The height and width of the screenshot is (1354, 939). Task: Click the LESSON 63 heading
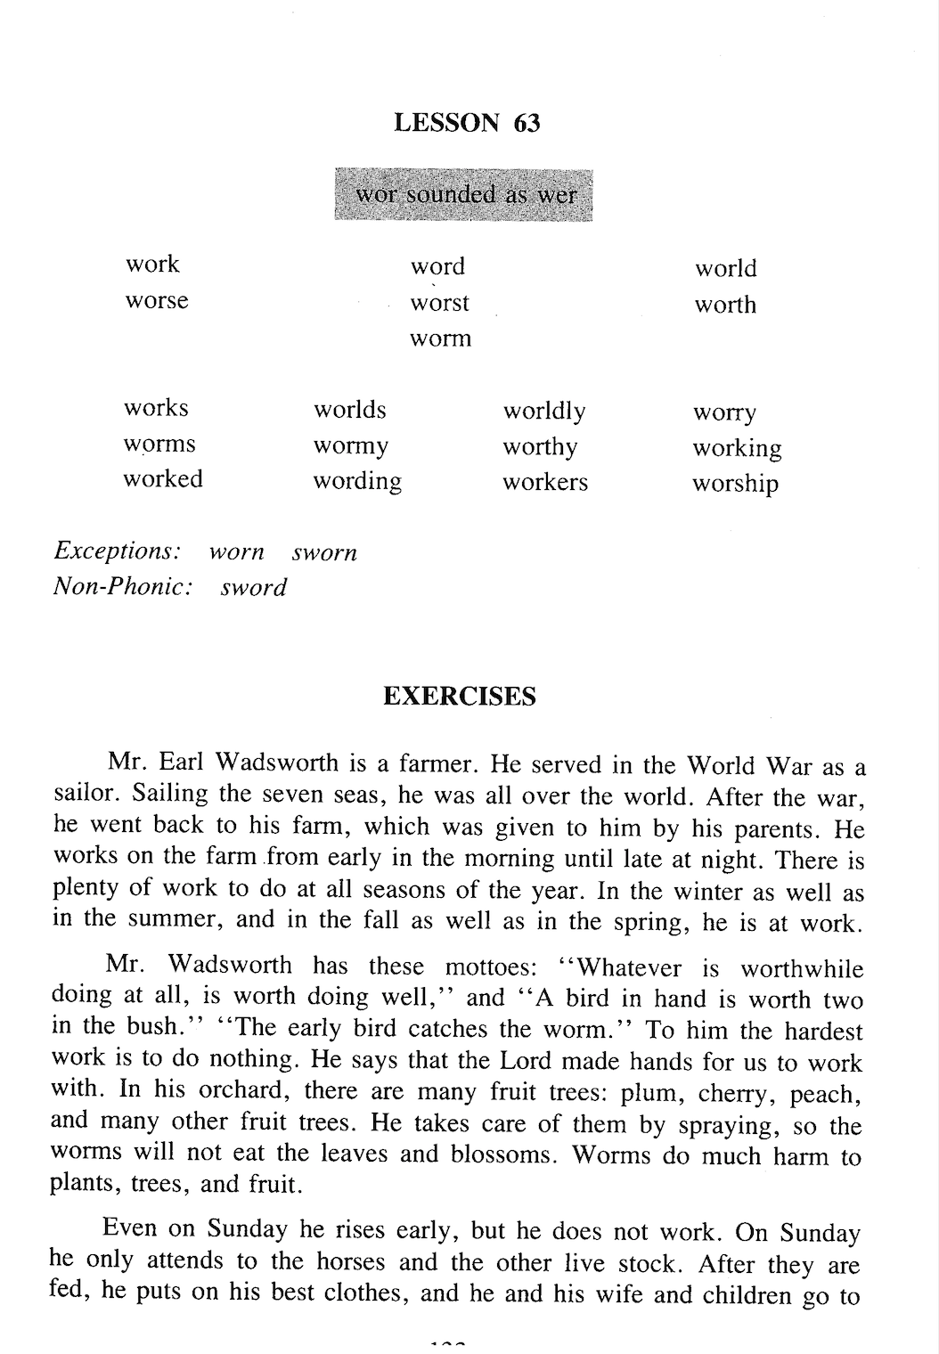point(467,122)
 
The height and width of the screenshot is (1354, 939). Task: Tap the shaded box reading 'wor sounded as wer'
point(464,194)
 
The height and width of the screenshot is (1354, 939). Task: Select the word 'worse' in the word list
point(157,300)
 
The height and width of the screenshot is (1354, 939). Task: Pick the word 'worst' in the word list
point(439,303)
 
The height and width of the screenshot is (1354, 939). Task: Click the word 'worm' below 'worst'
point(440,338)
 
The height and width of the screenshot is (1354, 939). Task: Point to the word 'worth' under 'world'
point(725,305)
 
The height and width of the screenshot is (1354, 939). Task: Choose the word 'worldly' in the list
point(544,411)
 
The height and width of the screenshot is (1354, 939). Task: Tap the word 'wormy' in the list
point(350,445)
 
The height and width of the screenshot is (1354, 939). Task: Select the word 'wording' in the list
point(356,481)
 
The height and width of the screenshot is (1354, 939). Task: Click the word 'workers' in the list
point(545,482)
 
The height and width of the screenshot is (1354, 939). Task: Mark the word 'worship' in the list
point(735,484)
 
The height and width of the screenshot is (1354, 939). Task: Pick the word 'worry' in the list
point(724,412)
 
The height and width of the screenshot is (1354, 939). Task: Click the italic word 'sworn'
point(324,552)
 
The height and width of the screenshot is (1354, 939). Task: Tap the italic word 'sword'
point(254,588)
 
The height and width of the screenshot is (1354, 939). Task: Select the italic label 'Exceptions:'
point(118,551)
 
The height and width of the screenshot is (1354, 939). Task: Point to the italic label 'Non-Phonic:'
point(123,587)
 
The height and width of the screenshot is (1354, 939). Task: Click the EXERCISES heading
point(460,696)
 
